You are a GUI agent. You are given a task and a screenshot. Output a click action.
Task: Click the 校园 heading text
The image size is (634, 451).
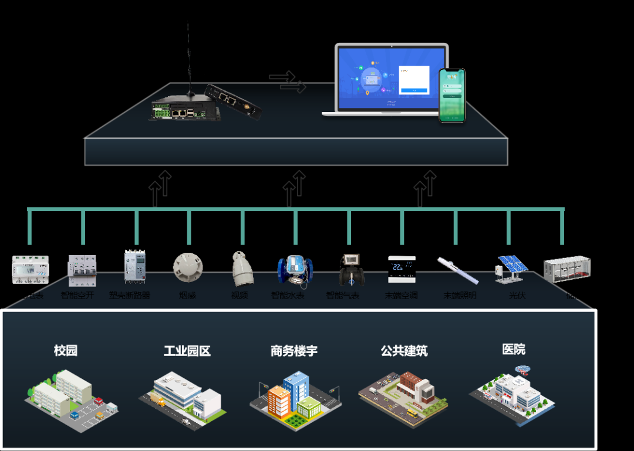click(66, 351)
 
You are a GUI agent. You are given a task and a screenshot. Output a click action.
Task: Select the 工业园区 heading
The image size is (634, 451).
click(187, 351)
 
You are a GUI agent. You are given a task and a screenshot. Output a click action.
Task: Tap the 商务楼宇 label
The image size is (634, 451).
click(294, 351)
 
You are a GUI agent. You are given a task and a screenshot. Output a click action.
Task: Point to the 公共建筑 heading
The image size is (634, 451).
click(404, 351)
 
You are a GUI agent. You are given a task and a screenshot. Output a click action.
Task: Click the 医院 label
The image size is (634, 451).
click(514, 349)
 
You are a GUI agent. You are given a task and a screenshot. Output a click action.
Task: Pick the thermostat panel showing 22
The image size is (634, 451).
click(402, 269)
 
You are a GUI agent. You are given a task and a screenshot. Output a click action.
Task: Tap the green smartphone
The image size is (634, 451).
click(452, 96)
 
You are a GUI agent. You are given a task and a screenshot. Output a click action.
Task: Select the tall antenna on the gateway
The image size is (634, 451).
click(188, 59)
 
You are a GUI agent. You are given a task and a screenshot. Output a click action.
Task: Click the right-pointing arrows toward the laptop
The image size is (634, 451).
click(288, 82)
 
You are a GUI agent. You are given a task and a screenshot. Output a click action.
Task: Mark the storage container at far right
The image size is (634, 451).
click(566, 269)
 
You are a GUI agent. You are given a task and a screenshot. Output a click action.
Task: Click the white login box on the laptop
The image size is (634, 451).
click(414, 80)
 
